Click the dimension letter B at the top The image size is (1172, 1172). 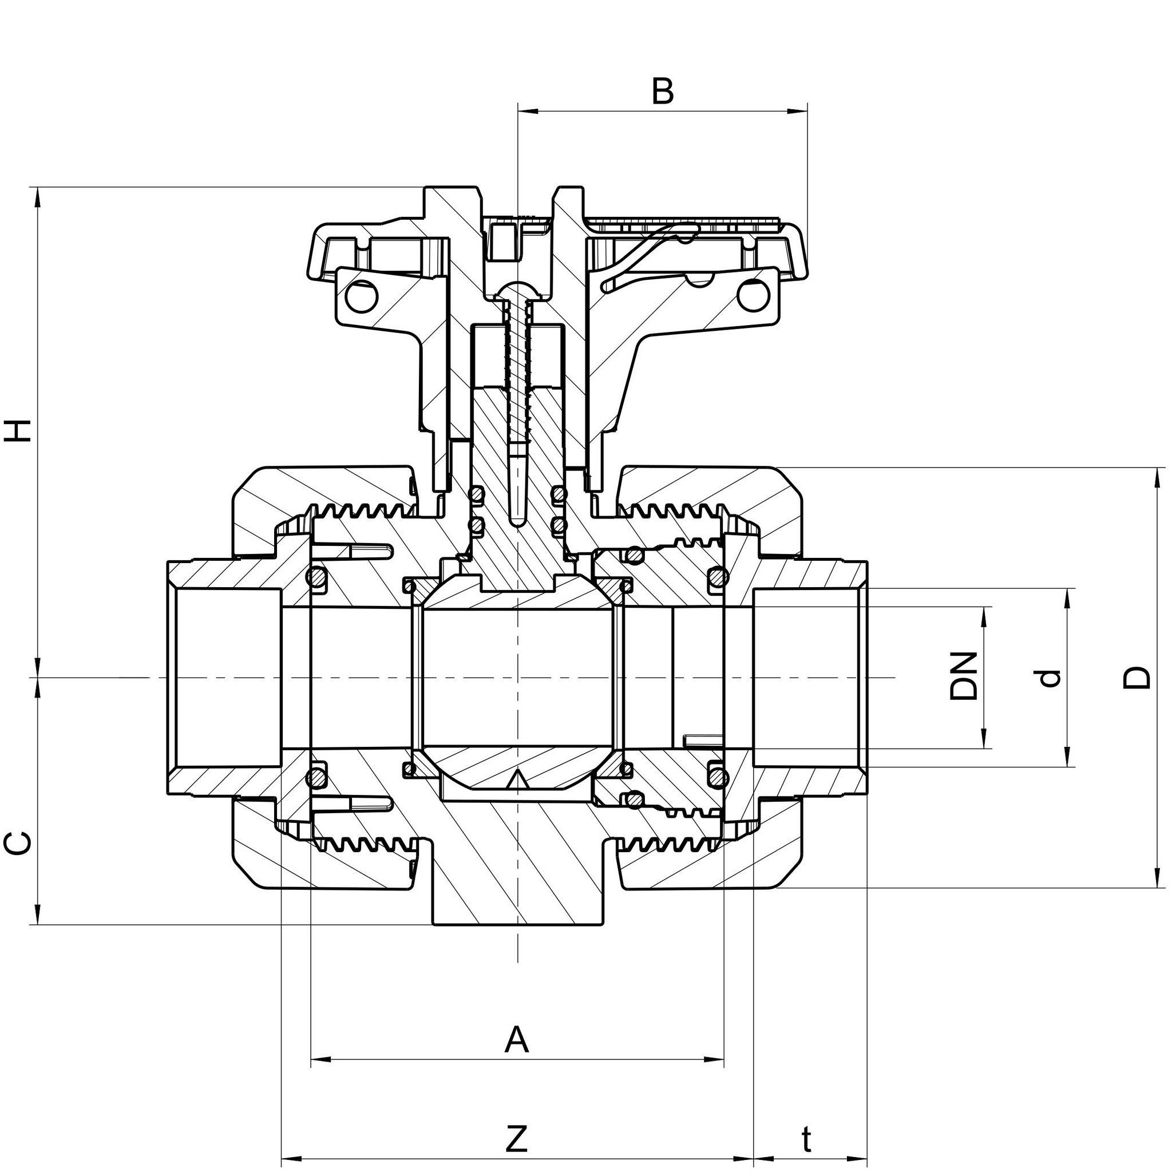[663, 92]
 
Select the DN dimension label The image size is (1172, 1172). [964, 676]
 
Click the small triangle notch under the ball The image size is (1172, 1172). [517, 779]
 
